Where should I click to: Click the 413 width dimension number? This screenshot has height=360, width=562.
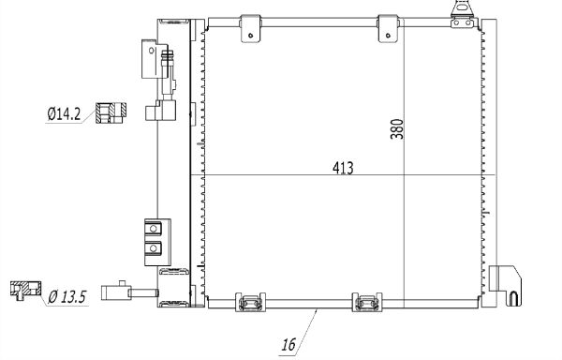343,168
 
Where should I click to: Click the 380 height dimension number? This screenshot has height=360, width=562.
397,129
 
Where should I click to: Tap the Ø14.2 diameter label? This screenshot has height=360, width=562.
64,114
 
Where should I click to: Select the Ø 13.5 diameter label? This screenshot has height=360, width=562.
67,297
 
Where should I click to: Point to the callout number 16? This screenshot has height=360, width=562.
288,345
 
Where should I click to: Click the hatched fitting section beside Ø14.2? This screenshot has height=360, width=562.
111,112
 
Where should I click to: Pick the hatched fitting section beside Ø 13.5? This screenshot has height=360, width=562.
25,290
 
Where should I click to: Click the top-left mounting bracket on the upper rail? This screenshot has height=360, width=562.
250,29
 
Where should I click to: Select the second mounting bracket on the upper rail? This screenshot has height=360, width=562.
388,29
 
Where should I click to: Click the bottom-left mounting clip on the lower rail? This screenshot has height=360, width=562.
250,302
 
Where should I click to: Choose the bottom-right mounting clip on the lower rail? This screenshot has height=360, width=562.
367,302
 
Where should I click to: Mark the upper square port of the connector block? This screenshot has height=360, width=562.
154,229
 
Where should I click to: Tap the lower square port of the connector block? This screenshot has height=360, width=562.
154,247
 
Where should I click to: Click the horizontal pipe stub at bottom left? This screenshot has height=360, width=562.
130,292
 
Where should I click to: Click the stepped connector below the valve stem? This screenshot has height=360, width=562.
161,111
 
